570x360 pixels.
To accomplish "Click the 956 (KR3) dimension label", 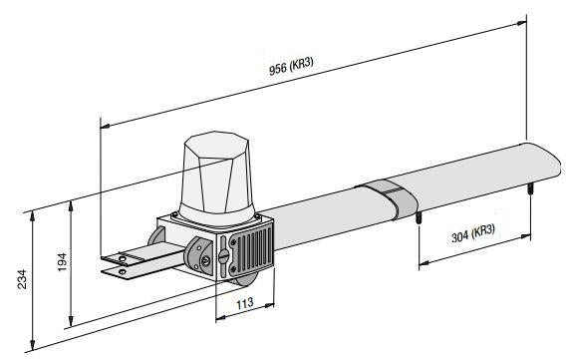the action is [x=291, y=66].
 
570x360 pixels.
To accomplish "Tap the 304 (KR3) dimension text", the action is [x=473, y=233].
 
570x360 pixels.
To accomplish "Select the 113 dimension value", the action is [x=245, y=303].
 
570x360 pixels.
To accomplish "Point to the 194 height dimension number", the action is [x=62, y=262].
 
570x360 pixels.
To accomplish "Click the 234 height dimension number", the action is [x=22, y=279].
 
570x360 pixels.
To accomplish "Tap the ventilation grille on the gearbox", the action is [x=251, y=251].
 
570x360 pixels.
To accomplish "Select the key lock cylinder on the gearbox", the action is [x=205, y=260].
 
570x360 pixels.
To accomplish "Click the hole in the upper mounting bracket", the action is [x=123, y=259].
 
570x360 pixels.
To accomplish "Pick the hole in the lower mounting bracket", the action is [x=123, y=271].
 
